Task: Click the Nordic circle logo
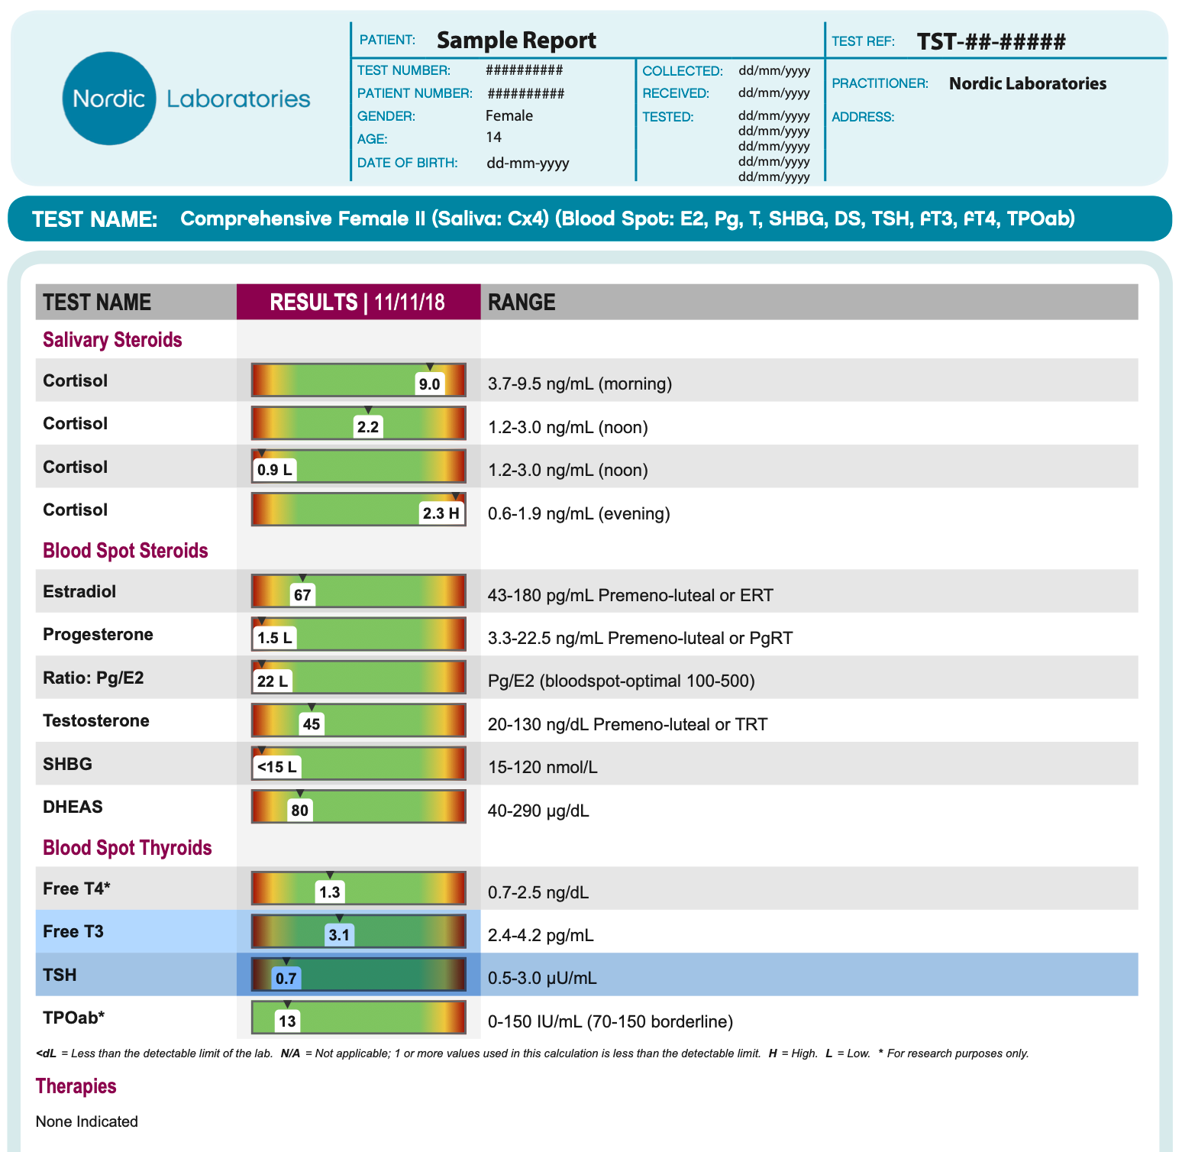coord(109,99)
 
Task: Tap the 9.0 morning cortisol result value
coord(429,384)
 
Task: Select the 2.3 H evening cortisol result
coord(441,513)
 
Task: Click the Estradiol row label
coord(79,591)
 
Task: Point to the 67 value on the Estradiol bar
coord(302,595)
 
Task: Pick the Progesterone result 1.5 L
coord(274,638)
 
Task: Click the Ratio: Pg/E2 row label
coord(93,678)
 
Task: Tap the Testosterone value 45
coord(312,724)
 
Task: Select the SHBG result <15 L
coord(276,767)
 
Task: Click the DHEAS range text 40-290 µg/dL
coord(538,811)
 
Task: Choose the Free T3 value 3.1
coord(338,935)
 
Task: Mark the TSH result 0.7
coord(286,979)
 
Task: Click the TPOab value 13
coord(287,1021)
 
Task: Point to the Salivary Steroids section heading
coord(112,340)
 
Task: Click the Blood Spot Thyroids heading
coord(127,848)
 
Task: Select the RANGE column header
coord(522,303)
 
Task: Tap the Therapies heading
coord(76,1086)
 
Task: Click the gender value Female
coord(509,116)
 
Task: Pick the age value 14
coord(494,138)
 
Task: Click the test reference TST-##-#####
coord(990,41)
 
